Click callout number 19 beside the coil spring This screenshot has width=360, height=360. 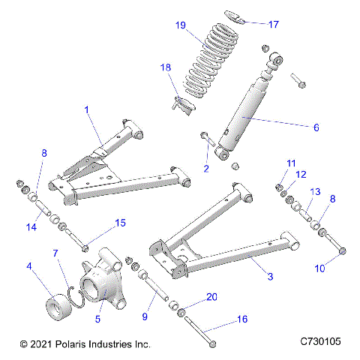point(181,25)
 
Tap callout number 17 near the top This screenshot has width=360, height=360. point(273,24)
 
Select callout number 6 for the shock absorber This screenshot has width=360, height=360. point(316,127)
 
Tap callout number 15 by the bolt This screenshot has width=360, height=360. point(119,222)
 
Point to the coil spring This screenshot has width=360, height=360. point(211,64)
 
